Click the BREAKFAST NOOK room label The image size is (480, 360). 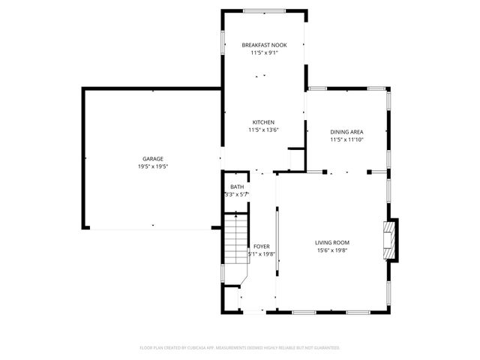(x=263, y=46)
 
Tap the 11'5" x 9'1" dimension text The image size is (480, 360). (x=263, y=53)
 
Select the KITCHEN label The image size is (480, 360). (x=263, y=122)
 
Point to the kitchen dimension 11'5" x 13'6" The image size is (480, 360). (x=263, y=130)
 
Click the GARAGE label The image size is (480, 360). (x=153, y=159)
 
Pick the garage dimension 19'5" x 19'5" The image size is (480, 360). (x=153, y=166)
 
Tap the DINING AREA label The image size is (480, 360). (x=346, y=132)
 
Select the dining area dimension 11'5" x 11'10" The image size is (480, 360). (x=346, y=139)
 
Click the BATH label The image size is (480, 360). (x=237, y=187)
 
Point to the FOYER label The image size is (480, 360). (x=262, y=246)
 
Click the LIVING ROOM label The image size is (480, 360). (x=331, y=242)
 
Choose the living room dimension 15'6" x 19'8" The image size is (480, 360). (x=331, y=250)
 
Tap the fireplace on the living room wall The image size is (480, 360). (x=390, y=240)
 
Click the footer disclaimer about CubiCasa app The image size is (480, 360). (x=240, y=348)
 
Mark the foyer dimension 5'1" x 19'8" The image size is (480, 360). (x=262, y=253)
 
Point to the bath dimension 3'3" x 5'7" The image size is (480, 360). (x=236, y=194)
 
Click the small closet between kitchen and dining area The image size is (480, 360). (x=295, y=160)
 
